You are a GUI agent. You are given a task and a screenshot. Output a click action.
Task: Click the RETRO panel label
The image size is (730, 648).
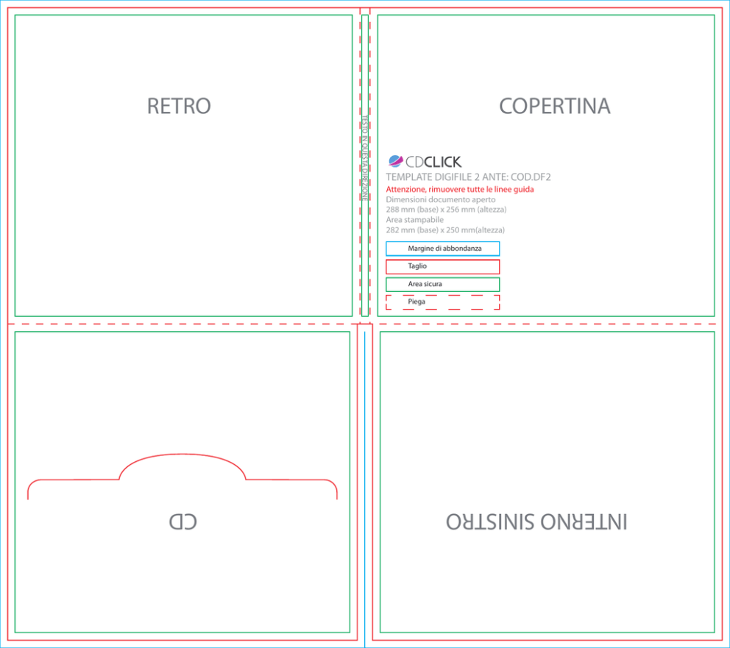click(179, 106)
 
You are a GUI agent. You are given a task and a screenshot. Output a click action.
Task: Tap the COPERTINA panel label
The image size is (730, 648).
click(554, 106)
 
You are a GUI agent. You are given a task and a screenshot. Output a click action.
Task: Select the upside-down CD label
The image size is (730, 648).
click(183, 521)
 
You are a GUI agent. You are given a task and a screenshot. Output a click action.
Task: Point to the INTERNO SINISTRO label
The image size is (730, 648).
click(536, 521)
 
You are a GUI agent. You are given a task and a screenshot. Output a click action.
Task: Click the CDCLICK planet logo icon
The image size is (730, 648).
click(395, 161)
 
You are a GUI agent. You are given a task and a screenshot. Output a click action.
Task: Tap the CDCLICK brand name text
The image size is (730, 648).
click(433, 162)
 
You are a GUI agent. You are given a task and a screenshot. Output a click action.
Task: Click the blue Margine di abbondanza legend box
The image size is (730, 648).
click(443, 249)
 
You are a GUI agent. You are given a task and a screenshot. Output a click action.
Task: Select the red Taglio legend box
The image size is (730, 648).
click(443, 266)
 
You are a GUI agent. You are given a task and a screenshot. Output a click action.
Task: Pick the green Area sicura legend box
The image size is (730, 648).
click(443, 284)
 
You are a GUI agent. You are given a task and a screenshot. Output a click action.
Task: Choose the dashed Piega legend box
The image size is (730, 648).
click(443, 302)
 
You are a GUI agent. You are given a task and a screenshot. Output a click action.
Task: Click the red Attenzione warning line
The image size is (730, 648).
click(460, 189)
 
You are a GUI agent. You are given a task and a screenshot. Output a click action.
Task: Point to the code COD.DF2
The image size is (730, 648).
click(531, 177)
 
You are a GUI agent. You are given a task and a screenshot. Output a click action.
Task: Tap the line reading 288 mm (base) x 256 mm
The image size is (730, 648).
click(446, 210)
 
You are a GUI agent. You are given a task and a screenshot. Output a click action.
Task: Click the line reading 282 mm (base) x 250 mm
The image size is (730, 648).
click(445, 229)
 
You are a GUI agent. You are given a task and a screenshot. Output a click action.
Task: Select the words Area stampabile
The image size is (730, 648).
click(415, 220)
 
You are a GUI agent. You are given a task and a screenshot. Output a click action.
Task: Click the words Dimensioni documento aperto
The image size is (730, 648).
click(440, 199)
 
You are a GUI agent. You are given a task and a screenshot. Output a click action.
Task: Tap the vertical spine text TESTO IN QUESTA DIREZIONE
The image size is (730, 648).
click(365, 158)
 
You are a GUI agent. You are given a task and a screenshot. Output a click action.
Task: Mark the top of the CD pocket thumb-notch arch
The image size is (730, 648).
click(182, 454)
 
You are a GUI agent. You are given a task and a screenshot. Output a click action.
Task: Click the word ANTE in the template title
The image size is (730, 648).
click(495, 177)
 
